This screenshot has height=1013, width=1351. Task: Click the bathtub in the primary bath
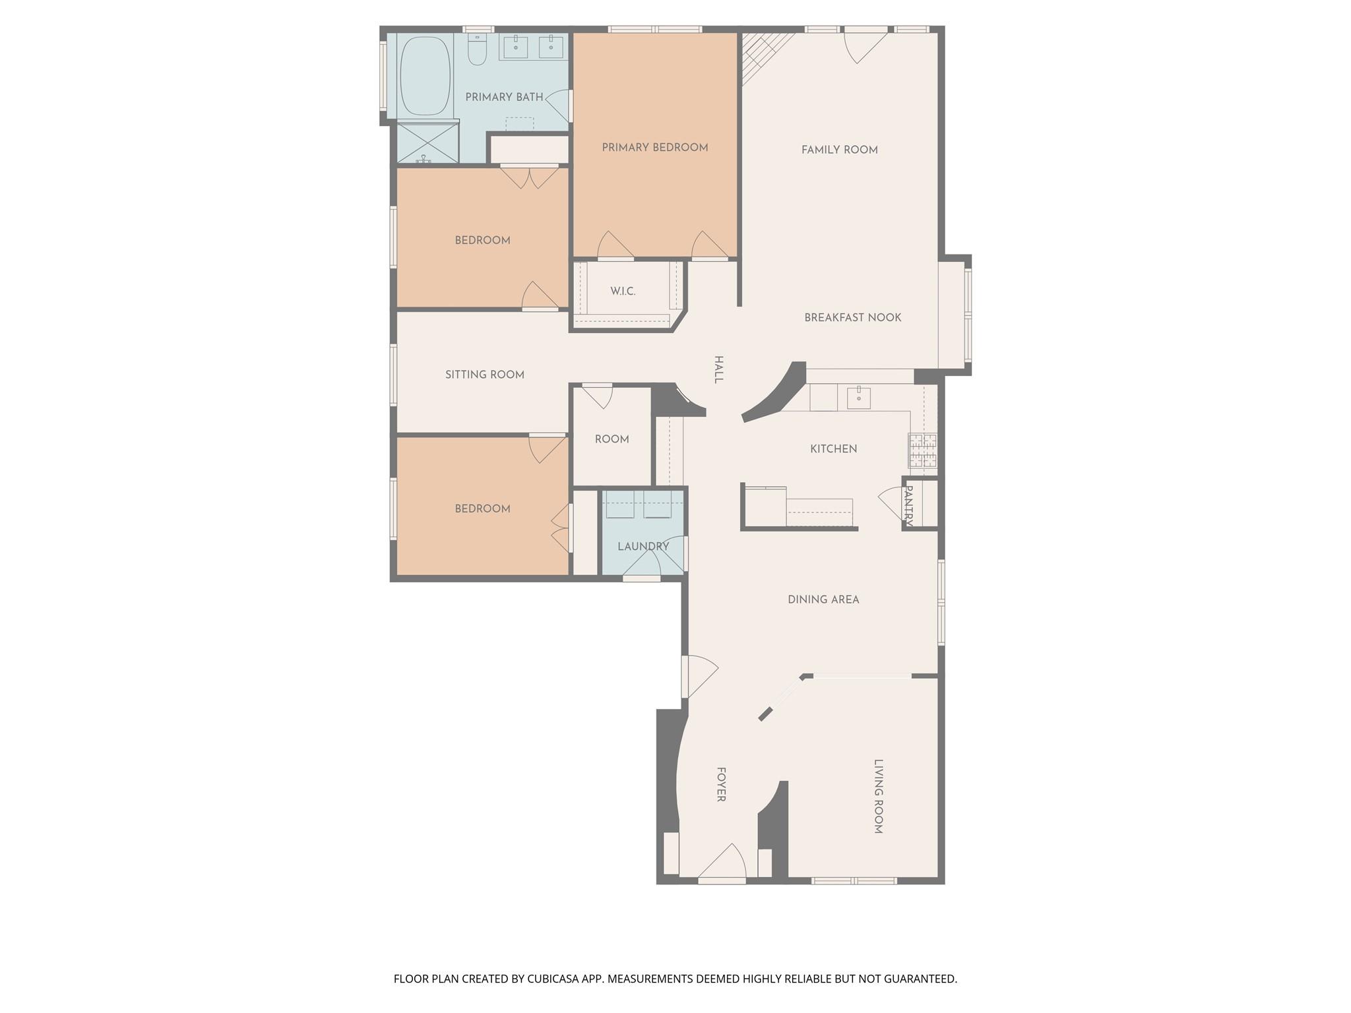tap(425, 76)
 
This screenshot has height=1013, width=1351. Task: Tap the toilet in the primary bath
tap(478, 50)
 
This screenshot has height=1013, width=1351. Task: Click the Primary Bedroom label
tap(654, 148)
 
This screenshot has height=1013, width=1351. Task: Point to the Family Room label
tap(839, 150)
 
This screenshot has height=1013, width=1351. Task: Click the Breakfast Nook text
tap(852, 318)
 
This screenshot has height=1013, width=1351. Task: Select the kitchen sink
tap(858, 398)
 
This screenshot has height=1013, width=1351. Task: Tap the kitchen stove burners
tap(922, 450)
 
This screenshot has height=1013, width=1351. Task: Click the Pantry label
tap(908, 505)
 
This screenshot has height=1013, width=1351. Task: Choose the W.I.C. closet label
tap(623, 292)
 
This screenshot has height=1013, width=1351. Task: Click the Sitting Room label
tap(484, 375)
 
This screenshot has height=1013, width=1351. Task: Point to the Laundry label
tap(643, 547)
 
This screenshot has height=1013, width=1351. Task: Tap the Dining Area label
tap(823, 600)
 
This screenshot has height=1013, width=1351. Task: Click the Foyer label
tap(721, 784)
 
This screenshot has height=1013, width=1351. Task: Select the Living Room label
tap(878, 797)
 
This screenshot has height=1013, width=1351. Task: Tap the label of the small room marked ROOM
tap(612, 439)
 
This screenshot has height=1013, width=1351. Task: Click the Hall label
tap(719, 369)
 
